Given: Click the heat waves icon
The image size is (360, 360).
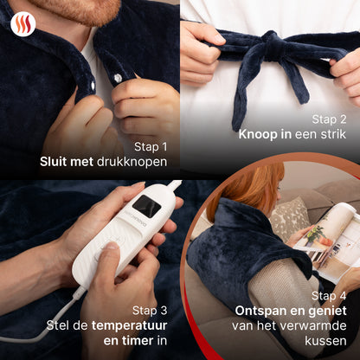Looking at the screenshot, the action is [23, 24].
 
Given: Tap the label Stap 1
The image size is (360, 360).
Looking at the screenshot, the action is [151, 147].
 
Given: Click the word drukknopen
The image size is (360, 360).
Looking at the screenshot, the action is [132, 162].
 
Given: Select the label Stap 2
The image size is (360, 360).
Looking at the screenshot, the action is [329, 119].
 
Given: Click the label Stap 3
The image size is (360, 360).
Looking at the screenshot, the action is [150, 311].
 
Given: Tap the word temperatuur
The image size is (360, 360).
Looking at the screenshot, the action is [130, 326].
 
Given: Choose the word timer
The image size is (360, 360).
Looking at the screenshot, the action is [138, 341].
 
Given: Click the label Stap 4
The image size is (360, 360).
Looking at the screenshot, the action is [329, 296].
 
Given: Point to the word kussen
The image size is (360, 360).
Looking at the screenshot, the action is [325, 341].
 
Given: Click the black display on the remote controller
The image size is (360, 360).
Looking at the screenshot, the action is [146, 206].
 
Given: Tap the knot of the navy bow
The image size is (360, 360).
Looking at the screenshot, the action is [270, 45].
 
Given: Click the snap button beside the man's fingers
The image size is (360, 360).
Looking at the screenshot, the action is [118, 78].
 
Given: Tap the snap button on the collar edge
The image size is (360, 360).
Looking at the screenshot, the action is [93, 85].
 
